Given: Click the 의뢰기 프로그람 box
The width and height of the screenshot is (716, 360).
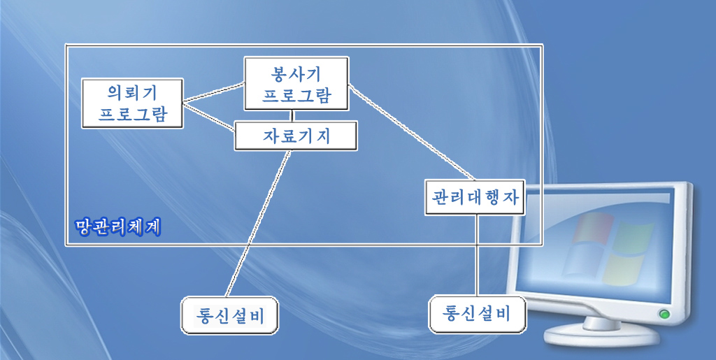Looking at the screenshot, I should point(132,103).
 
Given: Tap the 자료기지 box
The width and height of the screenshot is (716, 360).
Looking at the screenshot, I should point(296,136).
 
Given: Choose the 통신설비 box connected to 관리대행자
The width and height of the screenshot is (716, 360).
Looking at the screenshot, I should point(478,313).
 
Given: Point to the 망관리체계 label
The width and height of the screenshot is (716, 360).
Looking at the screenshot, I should point(118,226).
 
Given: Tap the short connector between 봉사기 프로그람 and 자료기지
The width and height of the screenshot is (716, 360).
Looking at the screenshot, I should point(292,116).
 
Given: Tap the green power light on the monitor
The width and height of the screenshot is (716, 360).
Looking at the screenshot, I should point(664,315).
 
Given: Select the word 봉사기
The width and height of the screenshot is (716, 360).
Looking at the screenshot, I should point(296,73).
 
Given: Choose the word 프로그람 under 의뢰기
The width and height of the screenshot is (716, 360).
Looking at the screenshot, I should point(132,114).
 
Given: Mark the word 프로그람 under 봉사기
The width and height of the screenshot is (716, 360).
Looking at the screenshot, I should point(296,95).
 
